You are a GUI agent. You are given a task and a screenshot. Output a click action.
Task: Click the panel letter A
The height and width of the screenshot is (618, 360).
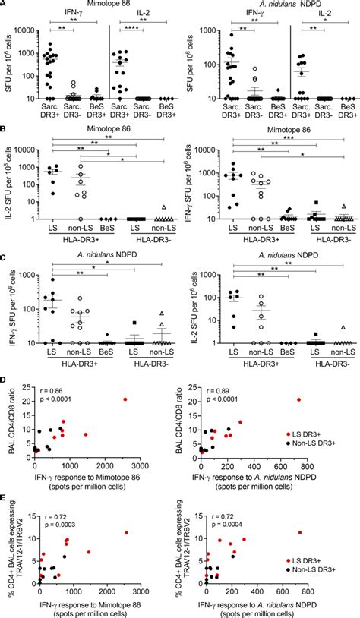coord(5,5)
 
